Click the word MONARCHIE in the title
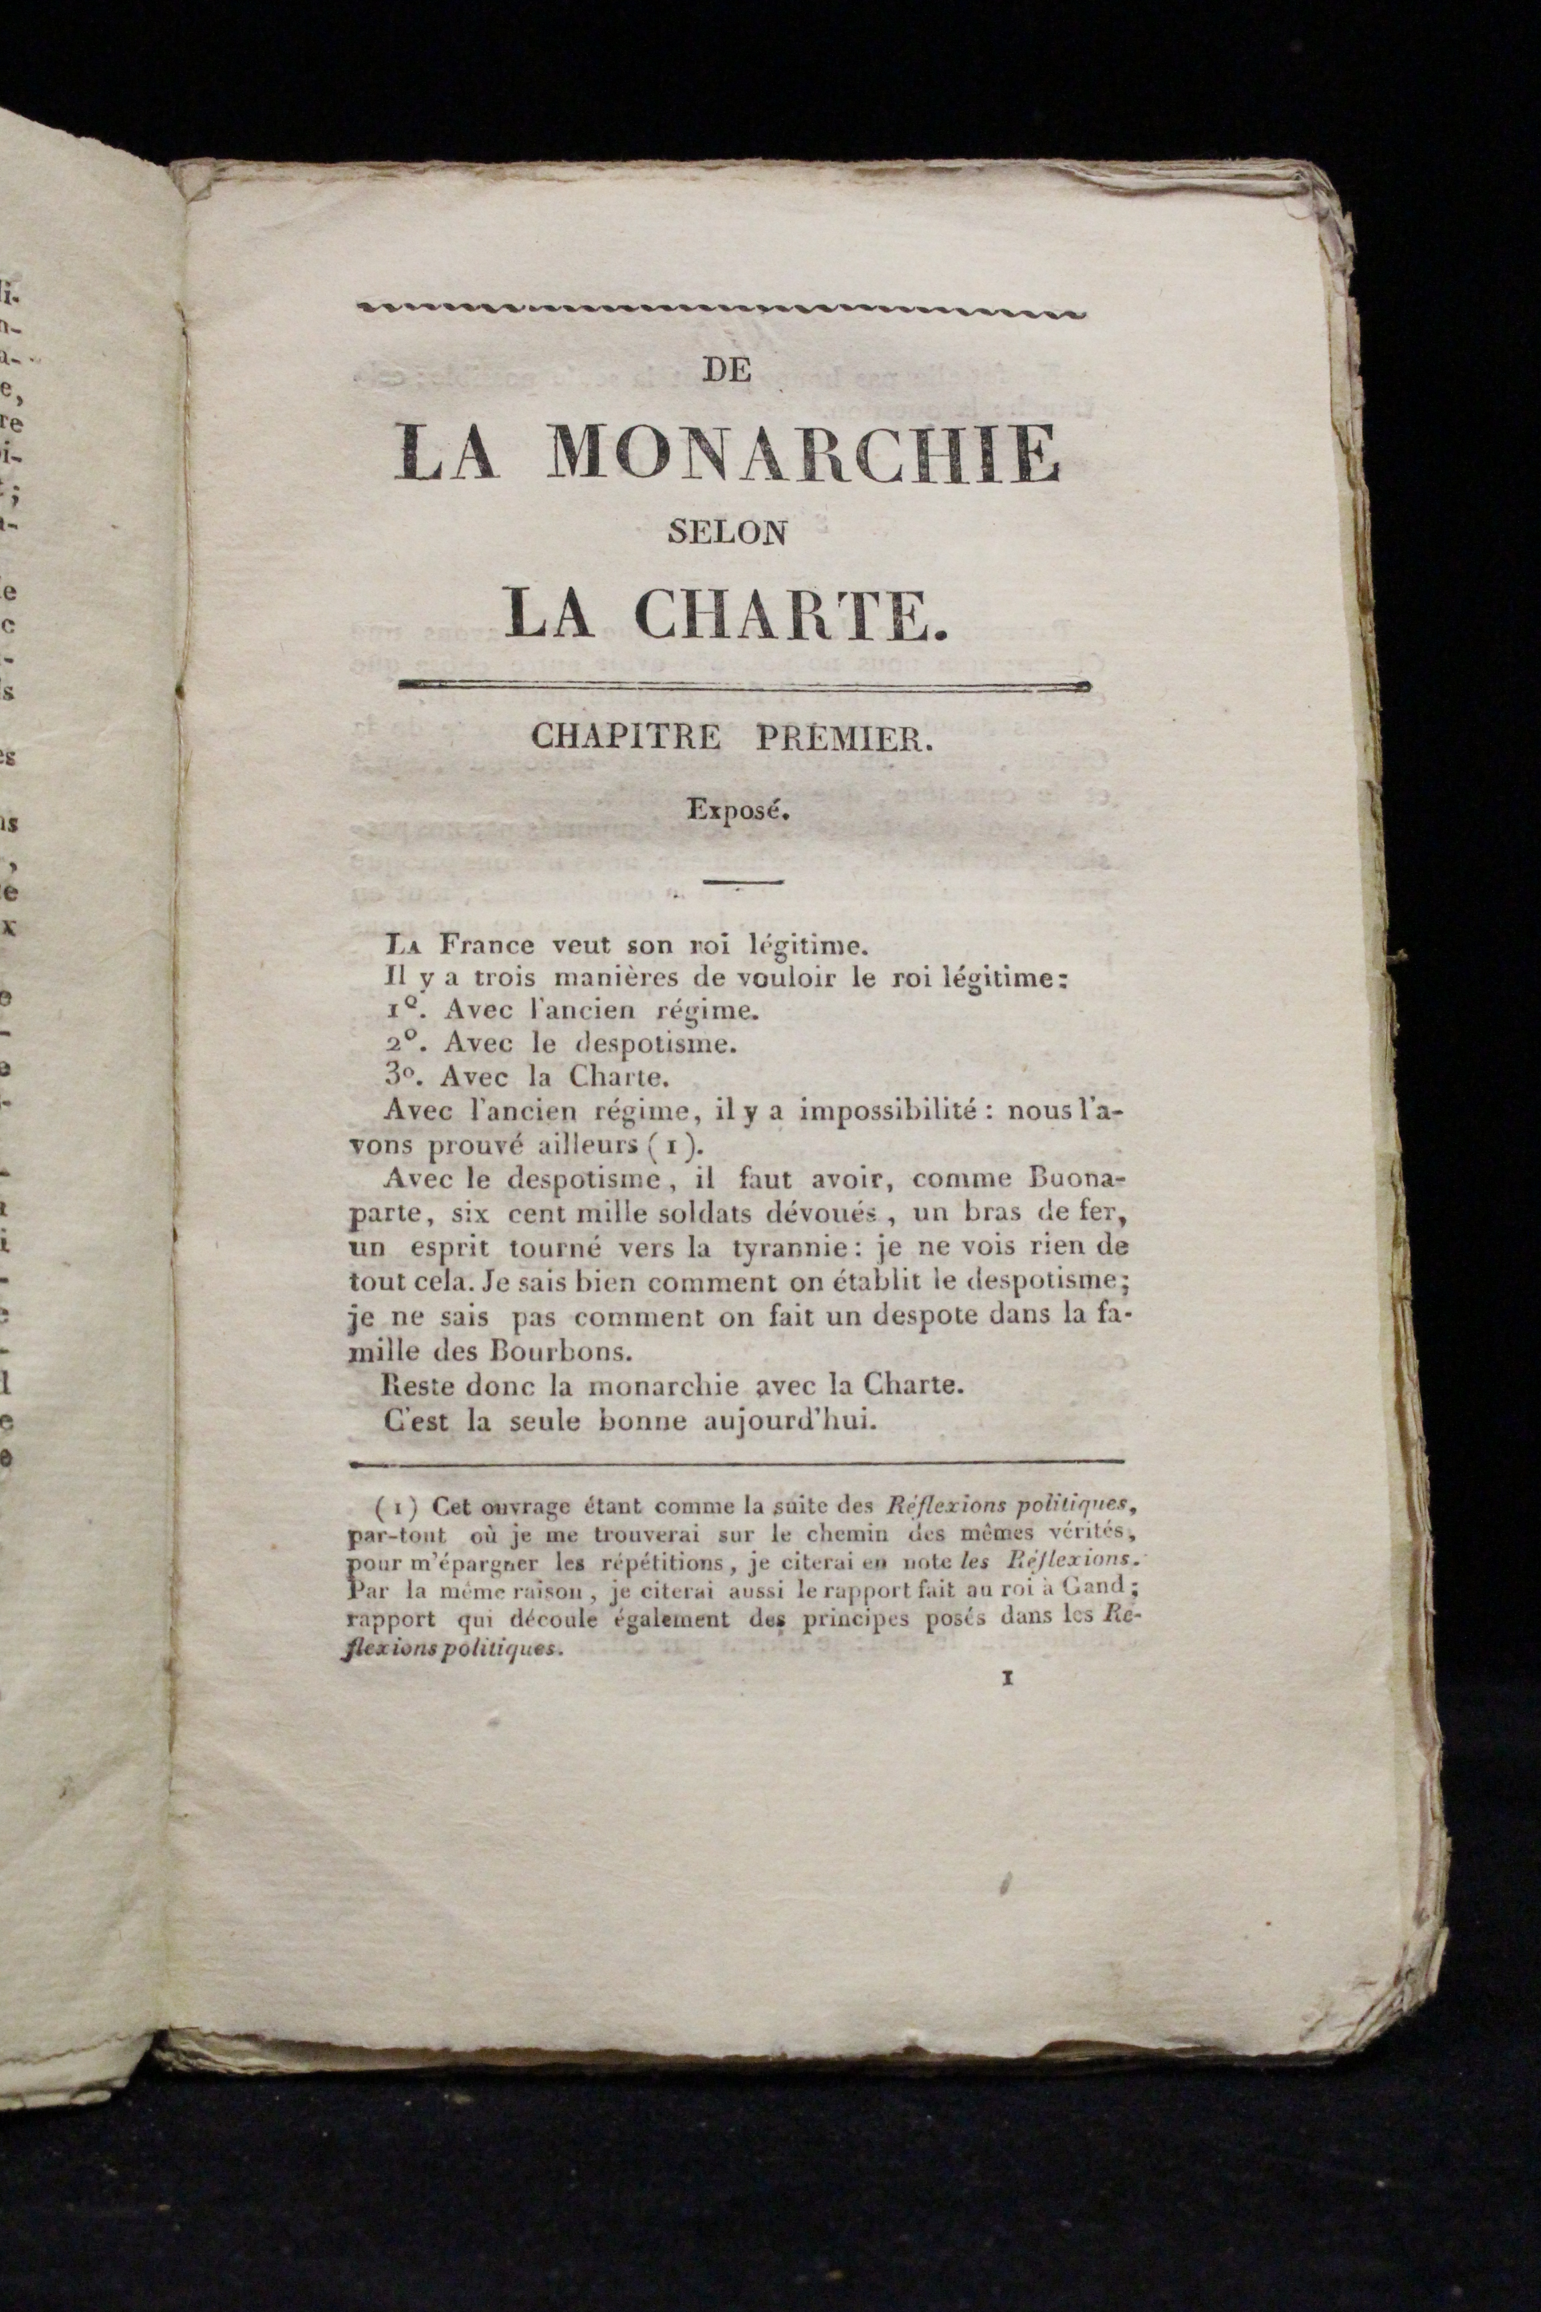coord(802,454)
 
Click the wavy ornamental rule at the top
coord(723,310)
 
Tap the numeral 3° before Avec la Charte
coord(406,1076)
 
